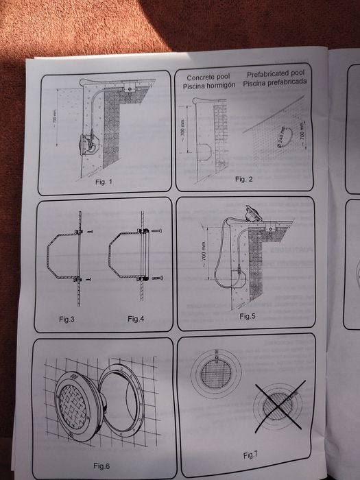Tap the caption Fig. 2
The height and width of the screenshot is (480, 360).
point(244,178)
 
